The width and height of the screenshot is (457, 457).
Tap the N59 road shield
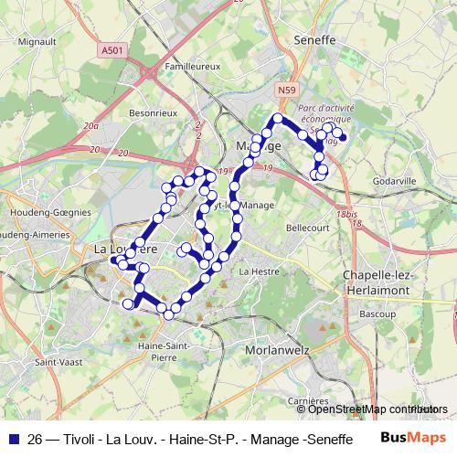tap(287, 90)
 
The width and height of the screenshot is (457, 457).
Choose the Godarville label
tap(394, 182)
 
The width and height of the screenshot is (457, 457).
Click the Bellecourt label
tap(307, 227)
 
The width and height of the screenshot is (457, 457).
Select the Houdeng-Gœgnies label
tap(50, 211)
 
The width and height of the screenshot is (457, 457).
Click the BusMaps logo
tap(413, 438)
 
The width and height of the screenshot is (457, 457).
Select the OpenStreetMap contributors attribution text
tap(378, 409)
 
